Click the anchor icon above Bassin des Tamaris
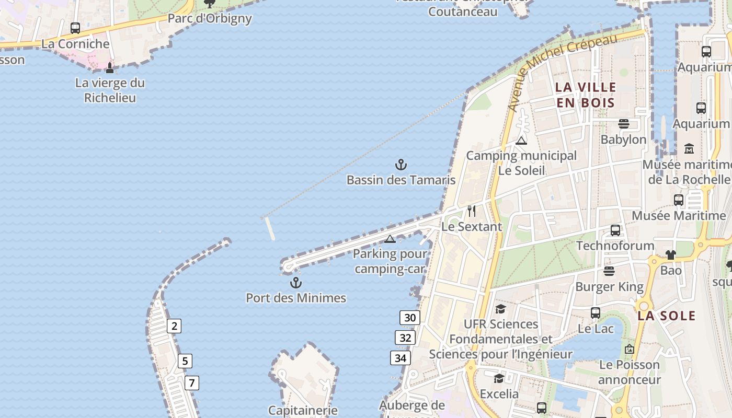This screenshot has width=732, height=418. tap(401, 165)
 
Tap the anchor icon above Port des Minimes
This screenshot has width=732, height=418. tap(296, 283)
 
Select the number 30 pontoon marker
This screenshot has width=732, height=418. tap(410, 318)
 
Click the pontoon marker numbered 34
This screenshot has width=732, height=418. tap(400, 358)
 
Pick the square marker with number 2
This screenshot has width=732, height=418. tap(174, 326)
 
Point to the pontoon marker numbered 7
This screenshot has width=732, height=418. tap(191, 383)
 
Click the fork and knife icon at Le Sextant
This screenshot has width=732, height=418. tap(472, 211)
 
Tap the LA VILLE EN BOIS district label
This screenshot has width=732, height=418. tap(586, 95)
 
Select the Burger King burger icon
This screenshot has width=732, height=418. tap(609, 271)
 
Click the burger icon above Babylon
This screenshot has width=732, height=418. tap(623, 124)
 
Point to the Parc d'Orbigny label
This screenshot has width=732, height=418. tap(210, 18)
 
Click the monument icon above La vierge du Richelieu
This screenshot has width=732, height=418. tap(110, 68)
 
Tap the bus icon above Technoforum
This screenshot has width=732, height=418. tap(615, 230)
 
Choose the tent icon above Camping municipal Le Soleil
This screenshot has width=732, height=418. tap(521, 141)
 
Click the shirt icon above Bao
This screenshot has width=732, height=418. tap(671, 255)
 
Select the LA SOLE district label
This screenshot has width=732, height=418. tap(667, 316)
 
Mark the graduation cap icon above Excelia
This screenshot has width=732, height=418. tap(499, 378)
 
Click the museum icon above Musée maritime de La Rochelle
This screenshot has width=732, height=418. tap(689, 149)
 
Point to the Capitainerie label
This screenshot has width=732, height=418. tap(303, 410)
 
